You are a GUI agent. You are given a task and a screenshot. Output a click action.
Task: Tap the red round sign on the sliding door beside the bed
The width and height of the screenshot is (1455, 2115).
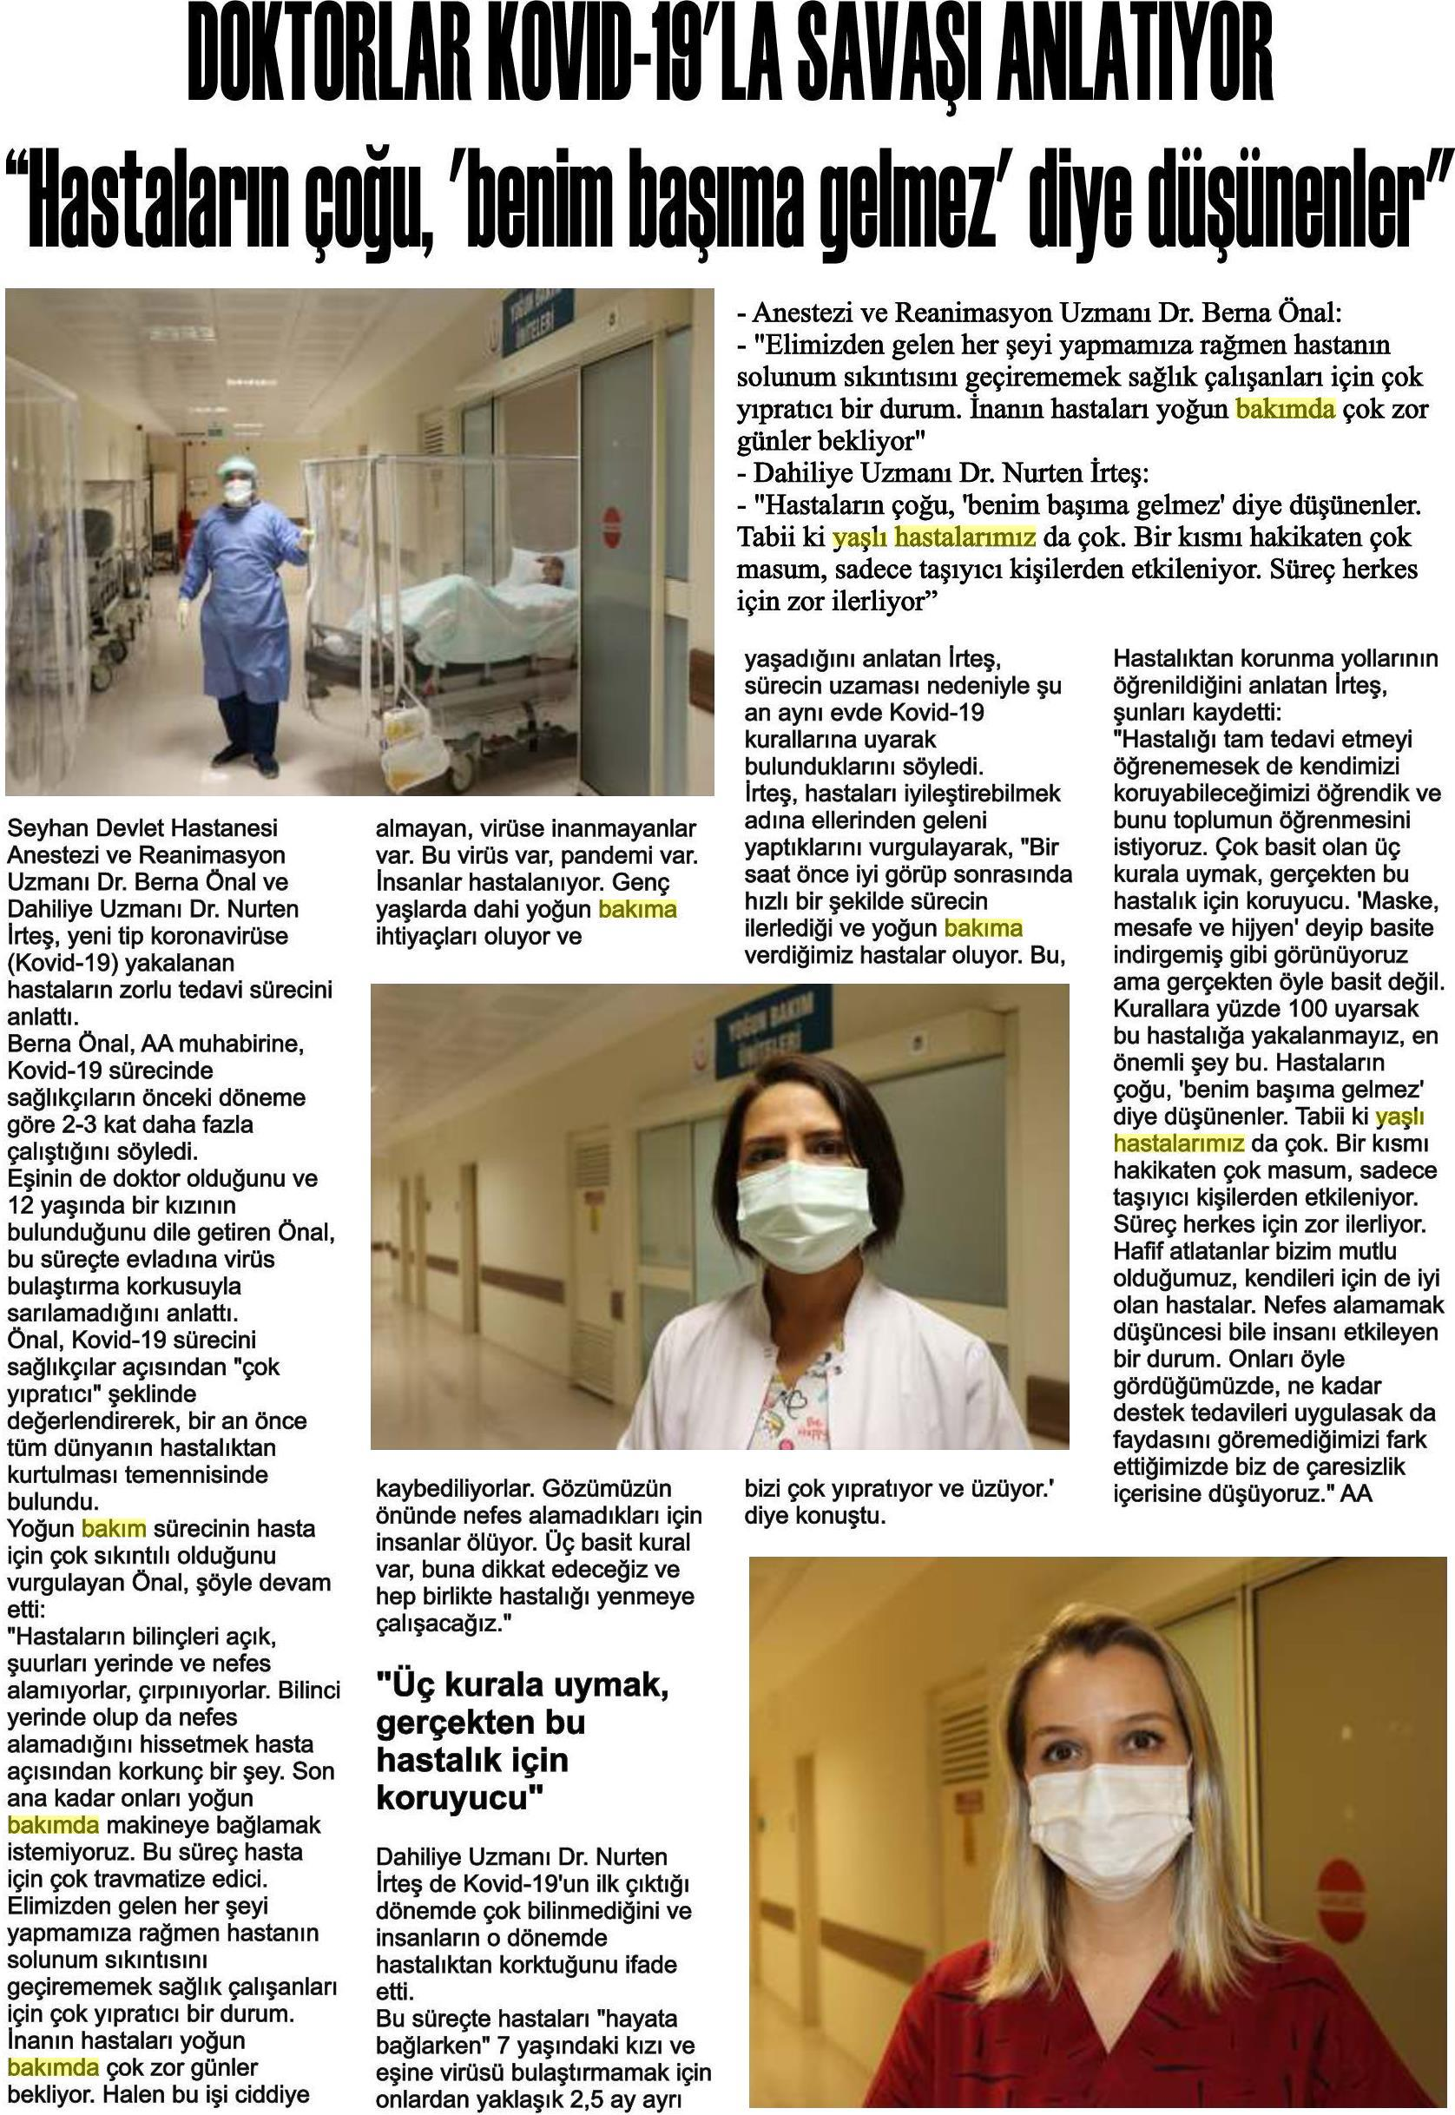pos(613,528)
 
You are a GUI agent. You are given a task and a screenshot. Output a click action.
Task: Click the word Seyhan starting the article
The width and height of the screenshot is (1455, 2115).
pos(44,828)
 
